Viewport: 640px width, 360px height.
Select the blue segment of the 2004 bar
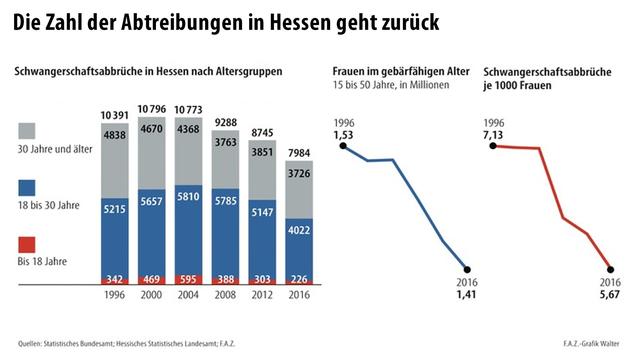point(190,230)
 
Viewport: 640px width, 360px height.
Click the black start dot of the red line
point(494,145)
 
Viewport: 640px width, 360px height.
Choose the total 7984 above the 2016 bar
point(298,152)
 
